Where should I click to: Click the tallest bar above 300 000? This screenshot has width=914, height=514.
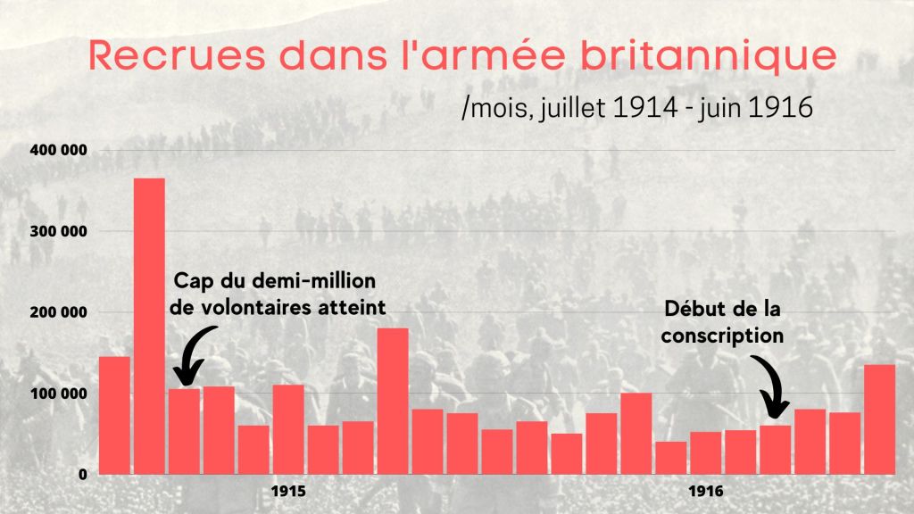[x=149, y=326]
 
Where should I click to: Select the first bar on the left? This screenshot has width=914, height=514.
[x=114, y=415]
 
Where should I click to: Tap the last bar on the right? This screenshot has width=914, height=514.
[x=879, y=419]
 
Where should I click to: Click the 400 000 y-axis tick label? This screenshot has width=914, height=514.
[x=58, y=150]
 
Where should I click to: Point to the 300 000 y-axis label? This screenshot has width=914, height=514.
[x=58, y=231]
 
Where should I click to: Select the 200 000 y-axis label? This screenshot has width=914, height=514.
[x=58, y=312]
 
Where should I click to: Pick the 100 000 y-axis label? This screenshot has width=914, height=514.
[x=58, y=394]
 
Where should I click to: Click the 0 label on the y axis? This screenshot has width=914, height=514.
[x=81, y=475]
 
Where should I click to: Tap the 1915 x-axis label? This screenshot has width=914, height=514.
[x=288, y=492]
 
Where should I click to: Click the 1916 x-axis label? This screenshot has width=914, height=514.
[x=706, y=492]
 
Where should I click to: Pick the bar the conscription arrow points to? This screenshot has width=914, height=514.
[x=775, y=450]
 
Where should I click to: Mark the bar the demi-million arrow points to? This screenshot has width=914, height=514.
[x=184, y=431]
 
